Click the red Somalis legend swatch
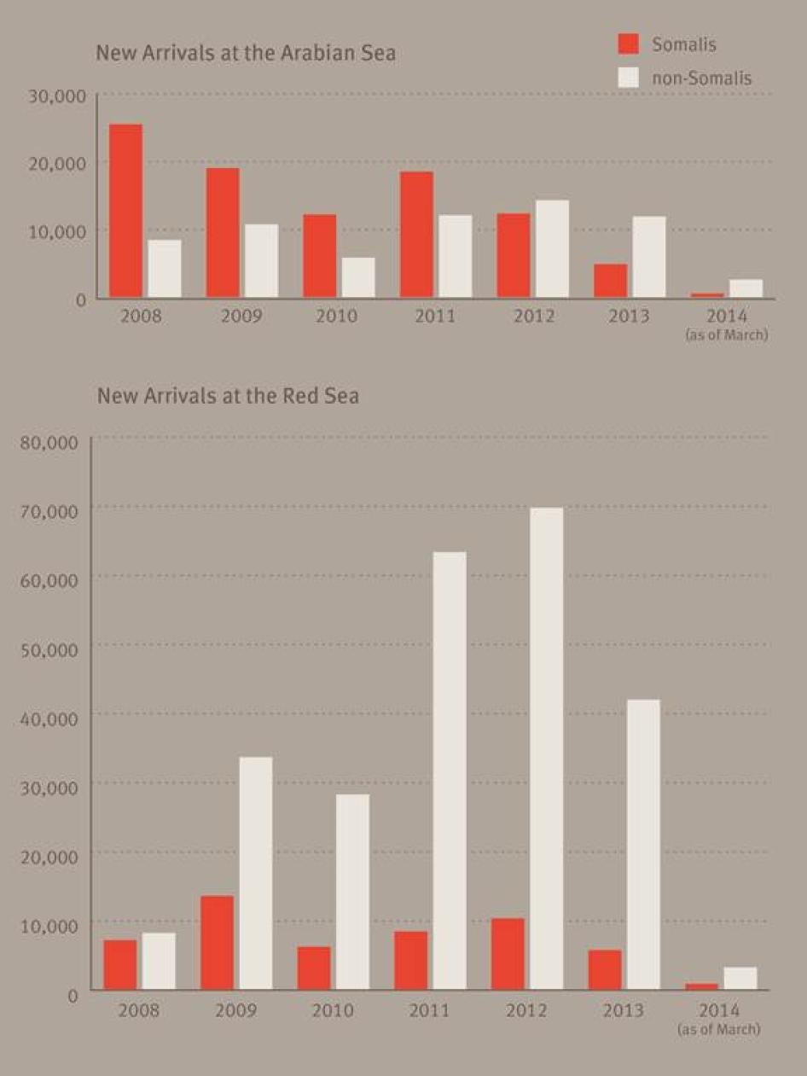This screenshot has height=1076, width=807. tap(629, 44)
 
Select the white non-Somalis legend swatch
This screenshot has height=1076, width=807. tap(629, 77)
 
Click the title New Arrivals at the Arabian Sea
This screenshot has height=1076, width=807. tap(246, 53)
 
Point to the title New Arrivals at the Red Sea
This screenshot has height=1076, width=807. tap(228, 396)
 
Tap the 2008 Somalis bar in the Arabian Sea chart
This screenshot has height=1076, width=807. tap(125, 211)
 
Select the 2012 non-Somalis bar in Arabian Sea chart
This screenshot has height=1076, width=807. tap(552, 249)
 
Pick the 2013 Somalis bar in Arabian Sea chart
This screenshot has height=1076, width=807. tap(611, 281)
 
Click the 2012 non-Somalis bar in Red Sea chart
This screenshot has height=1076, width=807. tap(546, 748)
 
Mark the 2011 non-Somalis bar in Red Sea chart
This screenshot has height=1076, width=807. tap(450, 771)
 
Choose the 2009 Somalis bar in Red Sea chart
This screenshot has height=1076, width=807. tap(218, 942)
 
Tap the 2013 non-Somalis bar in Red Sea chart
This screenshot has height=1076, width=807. tap(642, 845)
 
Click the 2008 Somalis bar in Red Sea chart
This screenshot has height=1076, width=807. tap(120, 964)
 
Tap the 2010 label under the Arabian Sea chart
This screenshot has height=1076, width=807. tap(336, 317)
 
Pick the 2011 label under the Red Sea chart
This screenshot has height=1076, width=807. tap(429, 1011)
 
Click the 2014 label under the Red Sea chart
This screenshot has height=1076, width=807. tap(719, 1011)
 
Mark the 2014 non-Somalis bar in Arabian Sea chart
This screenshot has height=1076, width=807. tap(746, 288)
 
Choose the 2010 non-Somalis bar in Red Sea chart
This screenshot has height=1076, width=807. tap(352, 892)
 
